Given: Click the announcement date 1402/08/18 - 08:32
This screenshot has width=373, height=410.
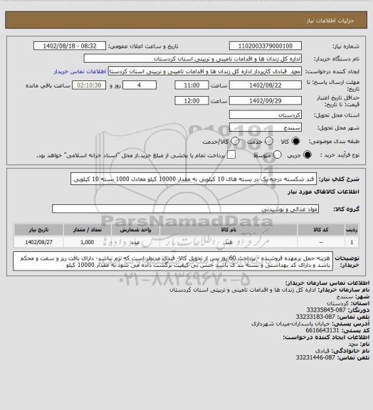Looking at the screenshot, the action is (70, 46).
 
